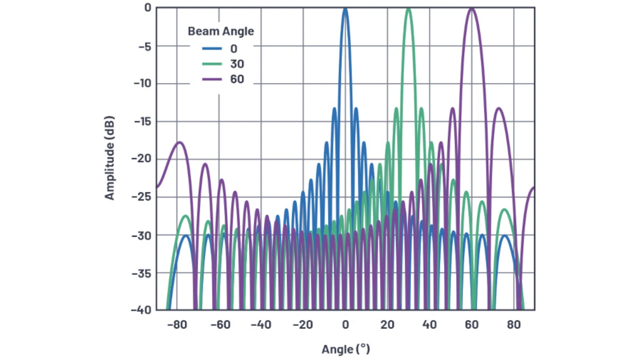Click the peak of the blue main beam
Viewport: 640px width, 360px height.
coord(345,8)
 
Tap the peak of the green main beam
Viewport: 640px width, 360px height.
coord(408,8)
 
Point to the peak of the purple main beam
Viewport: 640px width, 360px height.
coord(471,8)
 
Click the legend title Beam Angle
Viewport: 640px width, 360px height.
coord(220,31)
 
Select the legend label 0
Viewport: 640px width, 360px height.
coord(234,48)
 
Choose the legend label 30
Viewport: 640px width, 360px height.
coord(237,64)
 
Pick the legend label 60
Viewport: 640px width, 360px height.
coord(237,79)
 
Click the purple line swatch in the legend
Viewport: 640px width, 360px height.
coord(212,79)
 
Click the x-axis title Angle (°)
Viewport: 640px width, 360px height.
coord(345,349)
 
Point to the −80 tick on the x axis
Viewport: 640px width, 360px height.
coord(176,324)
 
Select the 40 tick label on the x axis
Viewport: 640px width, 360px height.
coord(429,324)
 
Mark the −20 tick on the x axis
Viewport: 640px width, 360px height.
coord(302,324)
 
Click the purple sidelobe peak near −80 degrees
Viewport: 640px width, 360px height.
coord(178,142)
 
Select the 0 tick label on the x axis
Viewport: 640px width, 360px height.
coord(345,324)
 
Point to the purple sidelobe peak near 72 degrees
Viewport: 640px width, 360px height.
coord(498,108)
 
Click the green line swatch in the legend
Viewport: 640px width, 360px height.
coord(212,64)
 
